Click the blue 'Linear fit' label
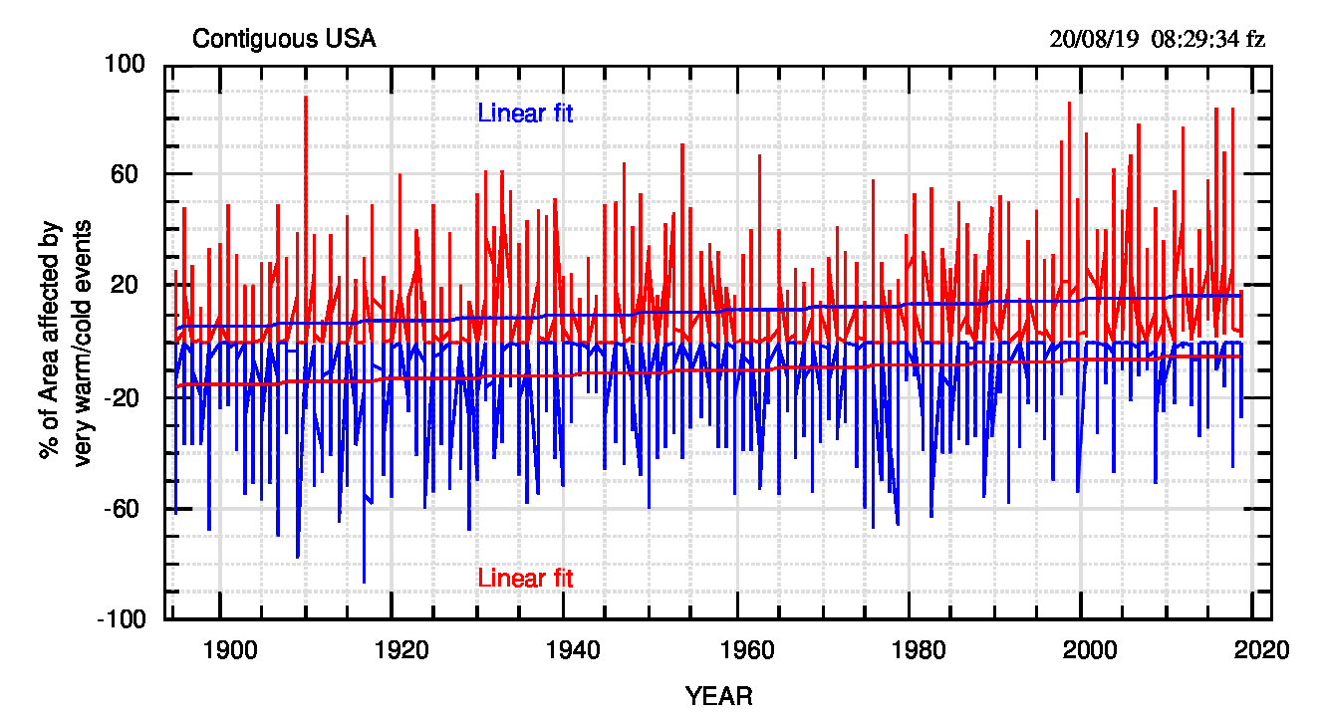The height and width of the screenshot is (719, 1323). pyautogui.click(x=525, y=114)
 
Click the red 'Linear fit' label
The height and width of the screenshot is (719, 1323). pyautogui.click(x=525, y=578)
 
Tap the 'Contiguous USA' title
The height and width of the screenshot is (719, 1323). pyautogui.click(x=284, y=40)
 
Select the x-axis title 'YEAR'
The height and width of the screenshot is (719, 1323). pyautogui.click(x=718, y=695)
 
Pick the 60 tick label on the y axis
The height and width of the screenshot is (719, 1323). pyautogui.click(x=132, y=175)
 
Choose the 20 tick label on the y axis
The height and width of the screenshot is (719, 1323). pyautogui.click(x=132, y=286)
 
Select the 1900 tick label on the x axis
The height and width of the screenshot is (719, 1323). pyautogui.click(x=227, y=650)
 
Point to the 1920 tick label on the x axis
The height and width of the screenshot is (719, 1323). pyautogui.click(x=400, y=650)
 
